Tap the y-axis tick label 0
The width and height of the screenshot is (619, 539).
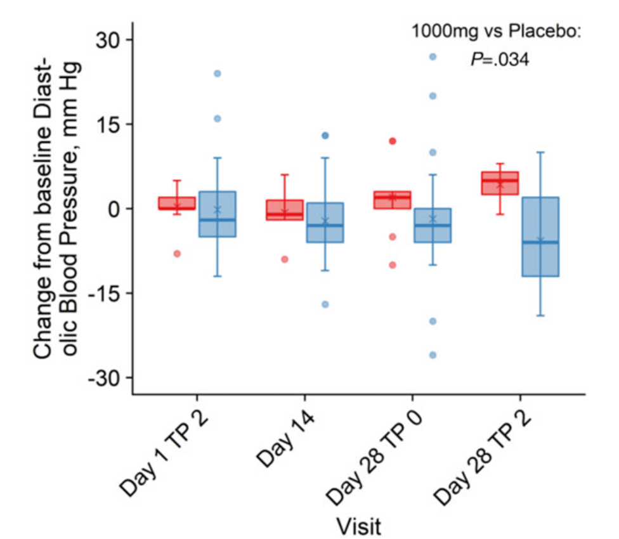(x=117, y=209)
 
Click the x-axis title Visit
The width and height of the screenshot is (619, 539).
(x=358, y=524)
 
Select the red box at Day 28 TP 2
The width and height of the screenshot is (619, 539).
(x=500, y=183)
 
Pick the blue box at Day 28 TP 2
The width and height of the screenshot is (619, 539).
(x=540, y=237)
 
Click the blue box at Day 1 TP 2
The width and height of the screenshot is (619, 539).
(x=217, y=214)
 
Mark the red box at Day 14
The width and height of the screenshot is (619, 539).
(x=284, y=210)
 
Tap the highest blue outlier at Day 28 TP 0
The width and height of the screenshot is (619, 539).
(x=433, y=56)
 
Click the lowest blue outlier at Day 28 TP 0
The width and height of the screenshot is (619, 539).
(x=433, y=355)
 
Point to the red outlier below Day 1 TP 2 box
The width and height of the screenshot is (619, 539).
(x=177, y=254)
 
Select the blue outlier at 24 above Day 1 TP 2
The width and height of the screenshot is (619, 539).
(x=217, y=74)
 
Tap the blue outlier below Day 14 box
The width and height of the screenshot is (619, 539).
(x=325, y=304)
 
